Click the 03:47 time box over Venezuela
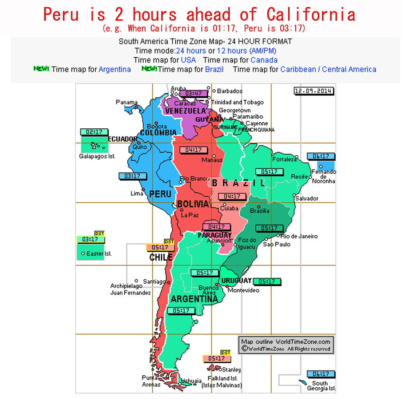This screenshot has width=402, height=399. tap(193, 93)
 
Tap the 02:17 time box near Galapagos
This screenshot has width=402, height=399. tap(94, 132)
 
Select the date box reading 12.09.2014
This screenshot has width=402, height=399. tap(313, 91)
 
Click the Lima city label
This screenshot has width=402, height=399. tap(137, 193)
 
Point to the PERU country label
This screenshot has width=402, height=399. tap(160, 194)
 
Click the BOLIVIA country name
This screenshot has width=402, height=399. tap(193, 204)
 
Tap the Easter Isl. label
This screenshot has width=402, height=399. tap(99, 254)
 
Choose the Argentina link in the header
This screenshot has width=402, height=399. tap(115, 70)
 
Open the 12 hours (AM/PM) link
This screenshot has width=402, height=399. tap(246, 51)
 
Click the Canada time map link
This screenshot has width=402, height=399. tap(264, 60)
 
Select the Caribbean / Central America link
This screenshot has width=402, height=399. tap(328, 70)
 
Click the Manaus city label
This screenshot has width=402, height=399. tap(212, 160)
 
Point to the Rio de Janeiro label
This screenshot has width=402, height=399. tap(299, 236)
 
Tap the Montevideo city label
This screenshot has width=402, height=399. tap(243, 290)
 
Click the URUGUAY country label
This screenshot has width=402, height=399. tap(236, 281)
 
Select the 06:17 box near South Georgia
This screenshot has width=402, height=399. tap(320, 374)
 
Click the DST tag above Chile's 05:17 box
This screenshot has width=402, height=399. tap(169, 242)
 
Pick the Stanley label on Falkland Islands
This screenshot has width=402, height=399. tap(231, 370)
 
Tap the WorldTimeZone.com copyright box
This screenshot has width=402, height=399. tap(285, 345)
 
